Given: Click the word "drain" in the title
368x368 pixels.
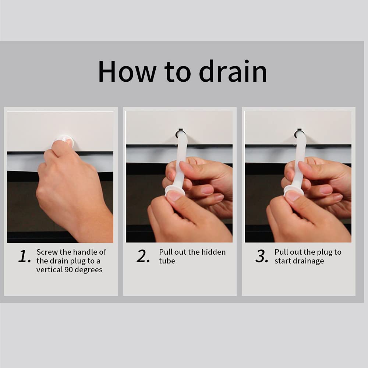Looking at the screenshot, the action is (x=233, y=71).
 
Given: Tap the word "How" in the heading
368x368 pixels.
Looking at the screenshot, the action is (x=127, y=71).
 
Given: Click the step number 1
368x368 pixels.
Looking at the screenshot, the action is (x=24, y=256).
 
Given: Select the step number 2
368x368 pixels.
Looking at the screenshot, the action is (x=143, y=256).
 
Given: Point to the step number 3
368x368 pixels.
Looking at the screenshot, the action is (x=262, y=256).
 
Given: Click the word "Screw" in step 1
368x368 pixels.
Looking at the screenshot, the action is (x=47, y=252).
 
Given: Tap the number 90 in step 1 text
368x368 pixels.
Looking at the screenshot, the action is (x=68, y=270).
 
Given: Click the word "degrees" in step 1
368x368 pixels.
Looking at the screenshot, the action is (x=88, y=270).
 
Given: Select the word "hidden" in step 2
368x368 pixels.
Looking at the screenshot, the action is (x=213, y=252).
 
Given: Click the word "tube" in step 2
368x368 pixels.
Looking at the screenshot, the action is (x=167, y=261).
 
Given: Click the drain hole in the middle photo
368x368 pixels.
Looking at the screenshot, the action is (x=180, y=134).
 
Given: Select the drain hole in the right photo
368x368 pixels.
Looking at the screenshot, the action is (x=299, y=134).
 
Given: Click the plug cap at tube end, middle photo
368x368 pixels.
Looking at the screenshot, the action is (x=175, y=190).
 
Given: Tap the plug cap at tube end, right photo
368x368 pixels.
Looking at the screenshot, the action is (x=294, y=190).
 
